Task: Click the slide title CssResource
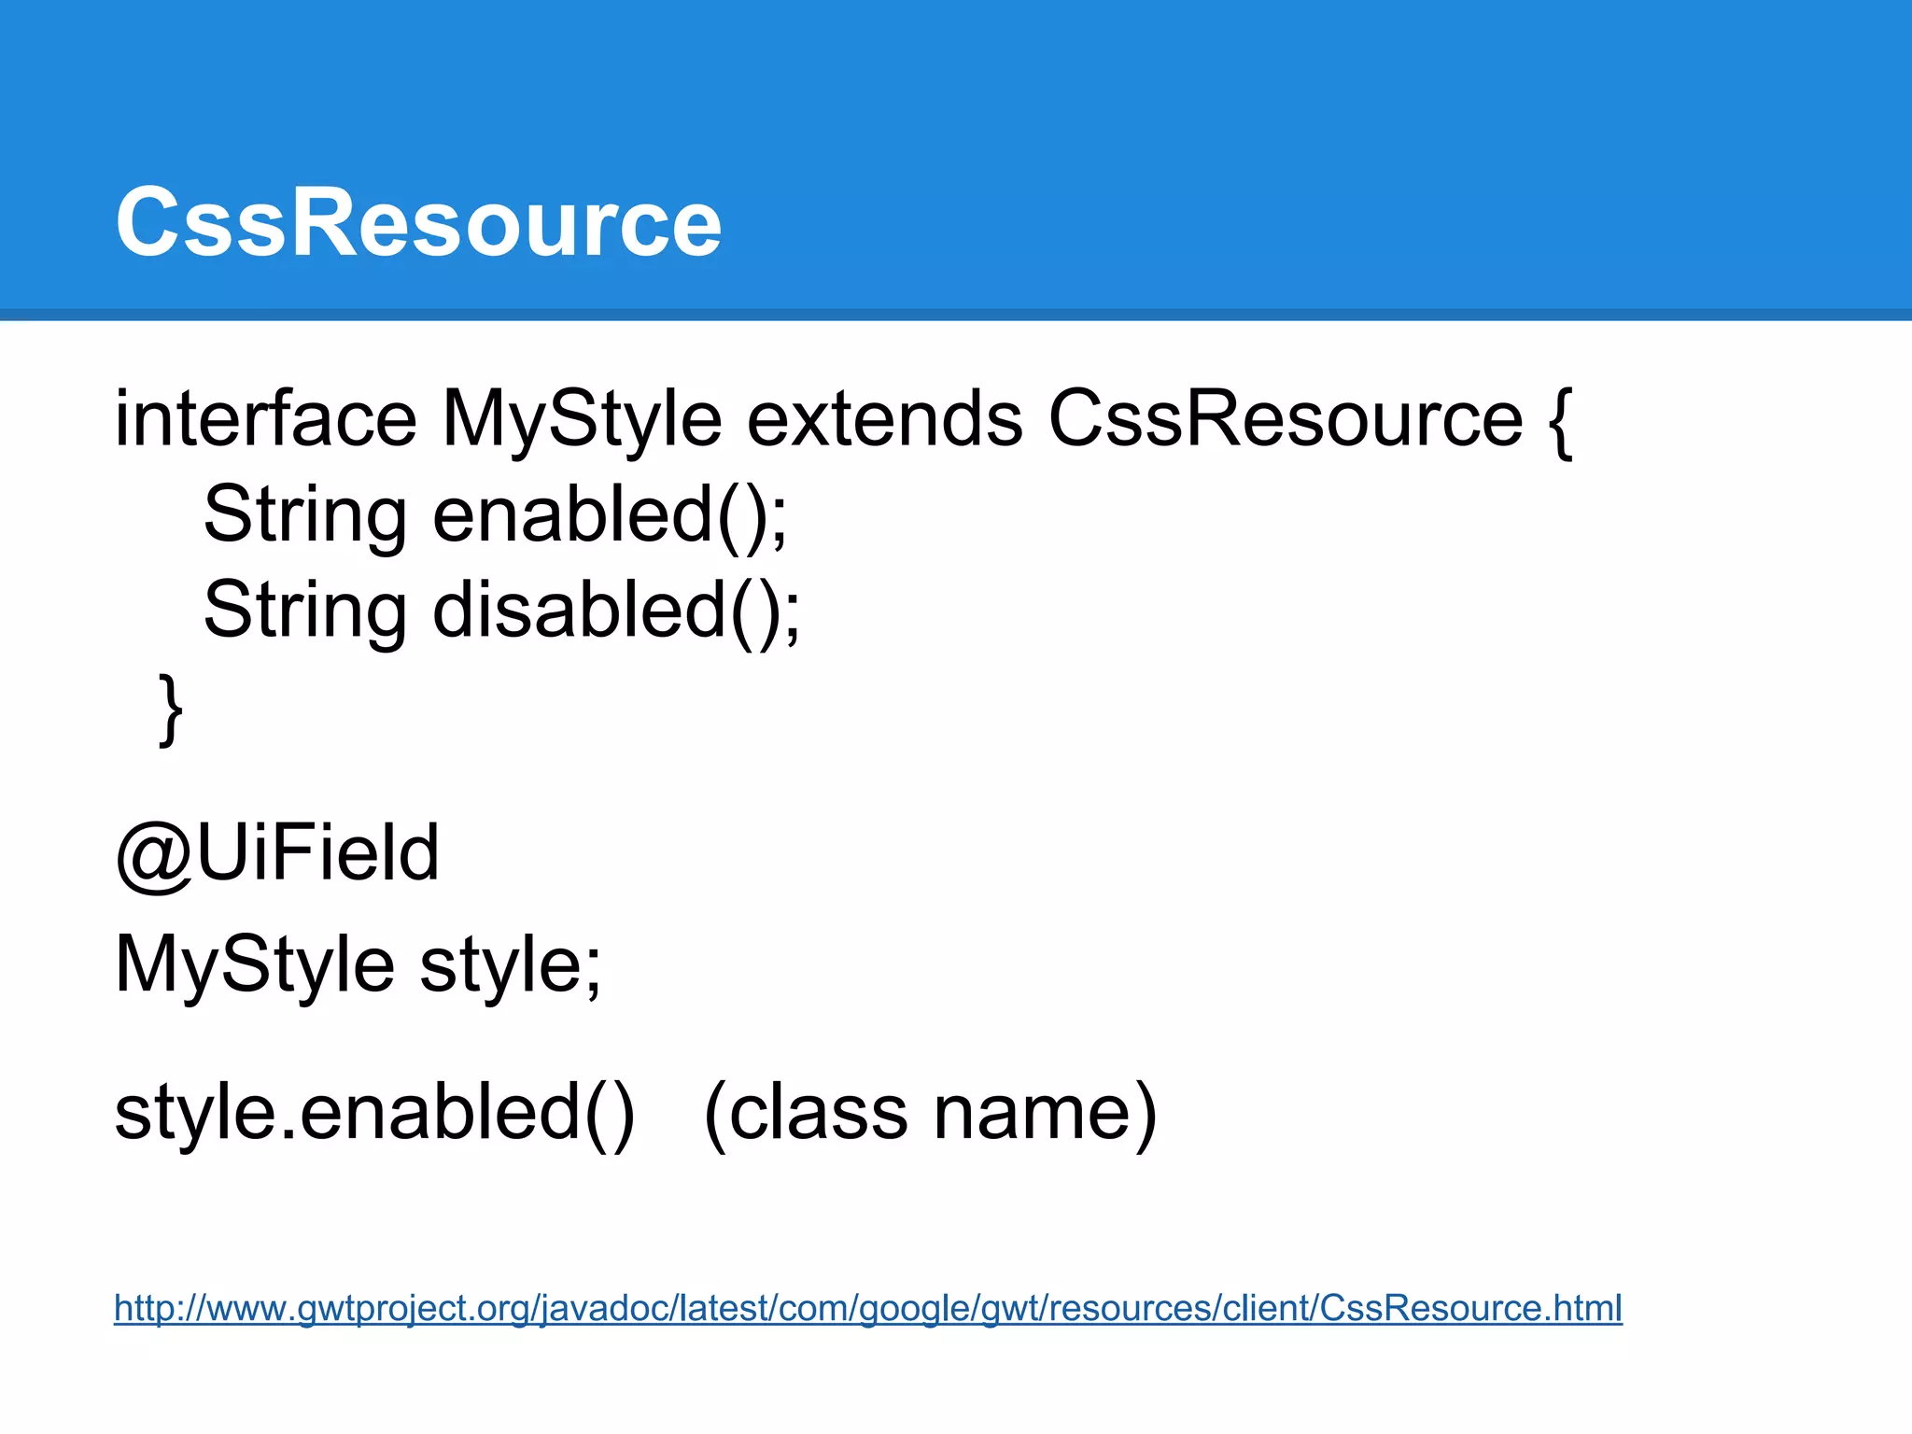418,222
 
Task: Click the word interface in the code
265,419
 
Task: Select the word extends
884,419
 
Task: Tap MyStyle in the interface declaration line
581,419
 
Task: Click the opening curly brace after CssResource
1559,422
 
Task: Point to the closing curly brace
170,710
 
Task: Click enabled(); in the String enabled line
610,514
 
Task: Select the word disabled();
616,610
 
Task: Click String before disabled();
305,610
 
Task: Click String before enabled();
305,514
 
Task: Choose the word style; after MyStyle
510,964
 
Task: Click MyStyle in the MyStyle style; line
254,964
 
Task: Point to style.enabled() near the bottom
374,1112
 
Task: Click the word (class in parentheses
805,1112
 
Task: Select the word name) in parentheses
1045,1112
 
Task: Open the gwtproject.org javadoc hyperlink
867,1308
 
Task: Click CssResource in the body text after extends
1286,419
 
